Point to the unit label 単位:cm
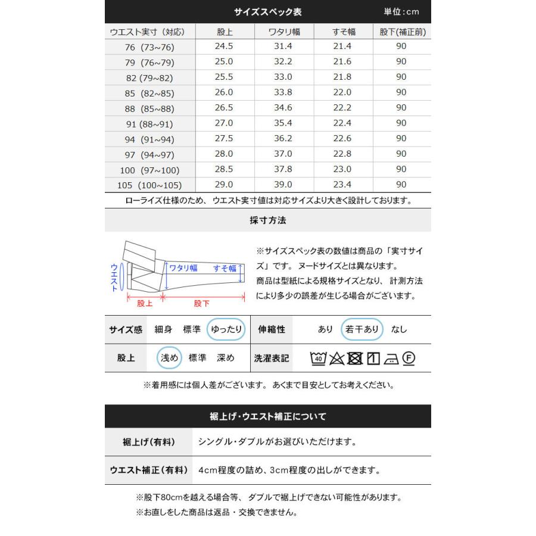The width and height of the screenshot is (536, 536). tap(401, 12)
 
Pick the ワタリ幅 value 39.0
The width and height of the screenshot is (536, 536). tap(282, 185)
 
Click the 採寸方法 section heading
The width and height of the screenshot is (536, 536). tap(268, 220)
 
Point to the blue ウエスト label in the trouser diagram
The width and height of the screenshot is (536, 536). tap(114, 278)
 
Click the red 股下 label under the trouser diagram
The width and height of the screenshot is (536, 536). tap(202, 304)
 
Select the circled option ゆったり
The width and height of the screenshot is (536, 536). tap(226, 329)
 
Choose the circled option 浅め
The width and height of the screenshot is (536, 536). tap(169, 358)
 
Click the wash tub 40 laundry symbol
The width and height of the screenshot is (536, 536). tap(318, 358)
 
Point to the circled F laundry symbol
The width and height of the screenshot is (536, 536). tap(409, 358)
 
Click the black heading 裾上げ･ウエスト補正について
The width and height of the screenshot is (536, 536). tap(268, 416)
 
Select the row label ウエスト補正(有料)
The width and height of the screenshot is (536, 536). tap(149, 470)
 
